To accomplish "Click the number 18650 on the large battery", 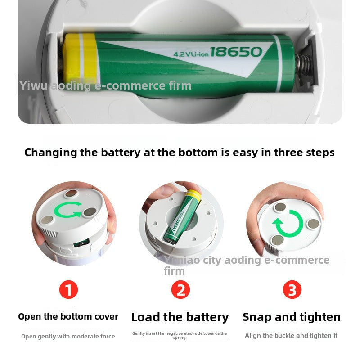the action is point(236,52).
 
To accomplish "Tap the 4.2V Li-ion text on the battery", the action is point(191,54).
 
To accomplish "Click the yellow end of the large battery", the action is point(80,59).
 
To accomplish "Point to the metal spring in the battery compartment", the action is point(303,64).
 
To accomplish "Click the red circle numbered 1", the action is point(69,289).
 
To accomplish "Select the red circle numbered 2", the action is point(181,289).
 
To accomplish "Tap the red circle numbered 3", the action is point(292,289).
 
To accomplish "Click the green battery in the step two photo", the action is point(183,217).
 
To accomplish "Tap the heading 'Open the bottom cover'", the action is point(68,316).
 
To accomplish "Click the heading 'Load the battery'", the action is point(180,317).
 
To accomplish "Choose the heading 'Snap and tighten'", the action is point(292,317).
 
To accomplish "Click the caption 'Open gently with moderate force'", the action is point(68,336).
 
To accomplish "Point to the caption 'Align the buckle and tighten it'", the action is point(291,336).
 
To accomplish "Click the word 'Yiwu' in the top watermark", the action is point(33,85).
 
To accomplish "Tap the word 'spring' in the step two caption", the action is point(179,338).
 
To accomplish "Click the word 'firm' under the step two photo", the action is point(174,271).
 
